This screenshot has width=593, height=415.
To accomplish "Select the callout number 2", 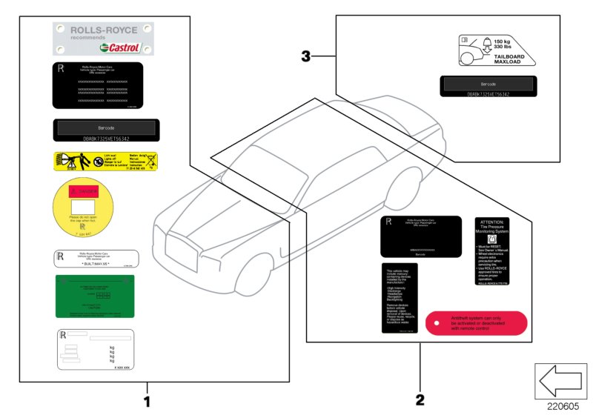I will click(420, 401).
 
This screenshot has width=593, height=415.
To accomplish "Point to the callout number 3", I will click(306, 55).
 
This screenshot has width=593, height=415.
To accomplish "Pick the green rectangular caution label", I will click(94, 296).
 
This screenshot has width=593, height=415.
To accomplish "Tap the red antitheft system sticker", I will click(476, 323).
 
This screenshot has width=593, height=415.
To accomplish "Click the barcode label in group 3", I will click(490, 87).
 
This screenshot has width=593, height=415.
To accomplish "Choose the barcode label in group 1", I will click(105, 130).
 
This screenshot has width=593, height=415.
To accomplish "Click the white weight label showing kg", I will click(95, 349).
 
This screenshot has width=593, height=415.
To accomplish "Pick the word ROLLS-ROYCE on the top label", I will click(104, 30).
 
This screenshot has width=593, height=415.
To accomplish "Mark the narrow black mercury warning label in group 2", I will click(400, 297).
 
